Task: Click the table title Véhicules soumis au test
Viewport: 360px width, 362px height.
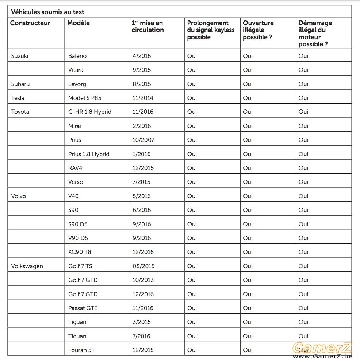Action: pos(47,12)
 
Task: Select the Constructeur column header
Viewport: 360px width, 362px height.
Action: pos(30,23)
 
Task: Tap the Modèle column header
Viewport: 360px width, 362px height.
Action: pos(78,23)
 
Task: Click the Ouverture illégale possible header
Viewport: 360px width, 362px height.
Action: pos(258,30)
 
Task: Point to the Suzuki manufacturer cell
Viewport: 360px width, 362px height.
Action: pos(20,56)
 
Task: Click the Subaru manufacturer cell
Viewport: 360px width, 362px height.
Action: pos(20,84)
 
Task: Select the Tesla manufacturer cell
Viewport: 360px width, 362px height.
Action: pos(18,98)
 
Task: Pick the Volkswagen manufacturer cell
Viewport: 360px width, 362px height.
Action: pos(27,266)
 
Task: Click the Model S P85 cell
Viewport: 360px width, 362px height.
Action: pos(85,98)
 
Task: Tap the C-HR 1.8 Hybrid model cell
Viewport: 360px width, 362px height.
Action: pos(90,112)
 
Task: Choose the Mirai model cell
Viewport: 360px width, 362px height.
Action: pos(74,126)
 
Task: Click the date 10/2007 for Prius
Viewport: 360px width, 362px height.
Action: pos(143,140)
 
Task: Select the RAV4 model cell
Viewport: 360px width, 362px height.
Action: pos(75,168)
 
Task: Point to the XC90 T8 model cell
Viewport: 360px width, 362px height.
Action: pos(80,252)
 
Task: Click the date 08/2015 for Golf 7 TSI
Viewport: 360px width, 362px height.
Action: pos(143,266)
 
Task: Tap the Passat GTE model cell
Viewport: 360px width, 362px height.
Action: pos(83,308)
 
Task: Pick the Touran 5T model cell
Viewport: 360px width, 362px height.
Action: pos(81,350)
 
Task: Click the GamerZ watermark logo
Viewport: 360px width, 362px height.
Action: pos(322,350)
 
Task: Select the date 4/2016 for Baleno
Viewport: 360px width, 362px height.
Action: pos(142,56)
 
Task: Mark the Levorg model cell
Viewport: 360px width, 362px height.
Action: pos(77,84)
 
